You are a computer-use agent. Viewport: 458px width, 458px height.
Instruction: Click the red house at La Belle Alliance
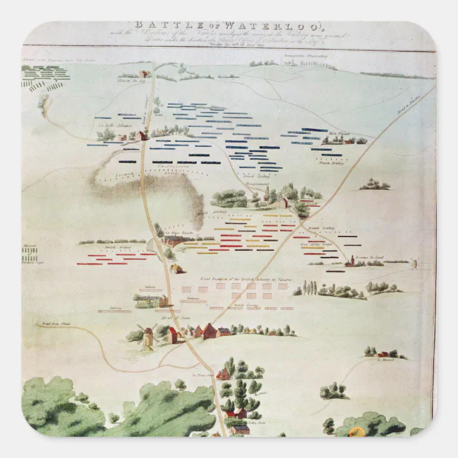tap(143, 135)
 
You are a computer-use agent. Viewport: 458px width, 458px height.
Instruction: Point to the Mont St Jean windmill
tap(148, 337)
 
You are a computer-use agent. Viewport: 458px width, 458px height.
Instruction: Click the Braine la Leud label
tap(370, 257)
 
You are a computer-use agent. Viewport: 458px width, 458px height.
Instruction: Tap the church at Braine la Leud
tap(351, 261)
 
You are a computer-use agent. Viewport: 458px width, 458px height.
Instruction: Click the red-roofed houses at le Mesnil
tap(385, 353)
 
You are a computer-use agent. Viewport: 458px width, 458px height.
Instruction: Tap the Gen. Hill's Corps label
tap(315, 245)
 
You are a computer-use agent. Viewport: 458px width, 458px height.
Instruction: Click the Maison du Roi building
tap(144, 73)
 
